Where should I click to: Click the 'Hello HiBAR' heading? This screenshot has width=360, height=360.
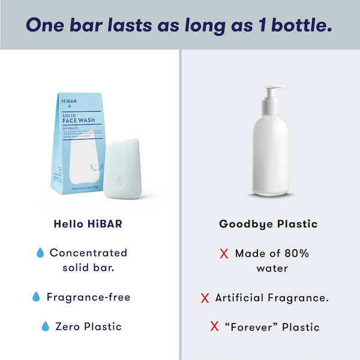tap(89, 224)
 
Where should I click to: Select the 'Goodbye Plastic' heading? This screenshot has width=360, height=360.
tap(268, 224)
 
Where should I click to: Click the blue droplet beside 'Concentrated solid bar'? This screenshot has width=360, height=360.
tap(41, 253)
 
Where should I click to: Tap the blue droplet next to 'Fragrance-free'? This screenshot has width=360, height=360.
tap(36, 297)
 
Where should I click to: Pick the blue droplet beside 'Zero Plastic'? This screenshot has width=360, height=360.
tap(45, 327)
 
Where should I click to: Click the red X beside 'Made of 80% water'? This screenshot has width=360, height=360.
tap(224, 254)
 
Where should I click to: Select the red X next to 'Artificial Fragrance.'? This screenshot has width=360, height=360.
tap(205, 298)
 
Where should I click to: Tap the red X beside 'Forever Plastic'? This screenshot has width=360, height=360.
tap(214, 327)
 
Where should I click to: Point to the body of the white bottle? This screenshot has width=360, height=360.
tap(269, 156)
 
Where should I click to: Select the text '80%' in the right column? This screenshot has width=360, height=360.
tap(296, 253)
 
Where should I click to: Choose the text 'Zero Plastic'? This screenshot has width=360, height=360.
tap(88, 327)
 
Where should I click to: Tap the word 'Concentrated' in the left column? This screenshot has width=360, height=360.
tap(88, 253)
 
